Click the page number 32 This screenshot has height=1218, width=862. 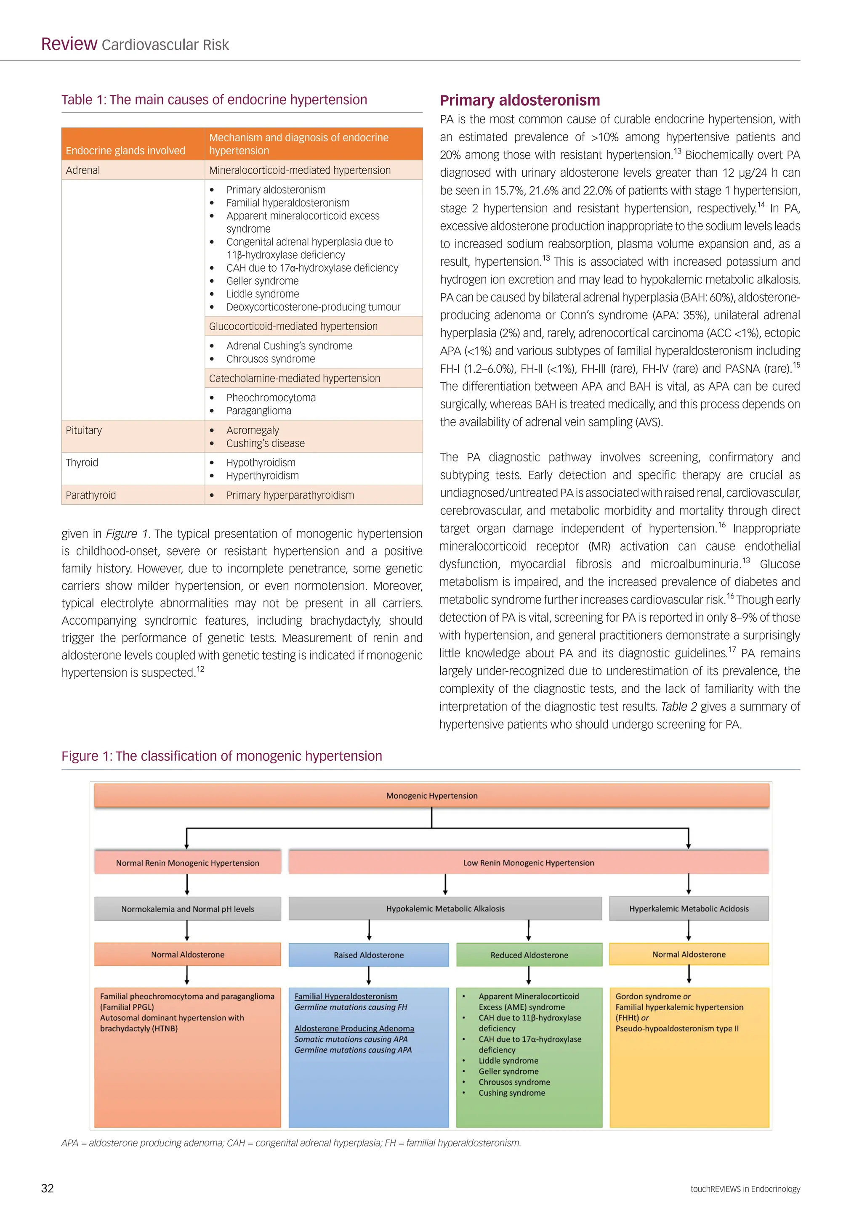(47, 1188)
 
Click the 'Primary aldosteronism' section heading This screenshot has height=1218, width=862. (520, 100)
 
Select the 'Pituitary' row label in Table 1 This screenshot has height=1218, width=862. (84, 430)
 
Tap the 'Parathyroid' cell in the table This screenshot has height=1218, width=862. (91, 495)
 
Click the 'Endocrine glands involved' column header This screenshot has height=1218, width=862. (125, 151)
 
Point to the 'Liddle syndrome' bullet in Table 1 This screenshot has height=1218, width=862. (262, 294)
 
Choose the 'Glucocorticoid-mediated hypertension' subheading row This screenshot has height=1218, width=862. (293, 326)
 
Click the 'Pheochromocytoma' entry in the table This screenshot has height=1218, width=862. (271, 397)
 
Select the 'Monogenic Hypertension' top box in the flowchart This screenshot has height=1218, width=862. (431, 796)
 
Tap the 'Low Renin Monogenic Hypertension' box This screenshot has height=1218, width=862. (528, 863)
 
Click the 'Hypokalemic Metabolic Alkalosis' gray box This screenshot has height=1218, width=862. (445, 909)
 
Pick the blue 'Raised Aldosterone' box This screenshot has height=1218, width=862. (368, 955)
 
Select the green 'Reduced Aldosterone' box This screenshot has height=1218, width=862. (529, 955)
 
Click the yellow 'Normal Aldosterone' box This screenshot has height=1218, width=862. (689, 954)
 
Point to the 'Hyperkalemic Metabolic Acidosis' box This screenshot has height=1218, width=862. (689, 909)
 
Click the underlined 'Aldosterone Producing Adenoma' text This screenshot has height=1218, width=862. (354, 1029)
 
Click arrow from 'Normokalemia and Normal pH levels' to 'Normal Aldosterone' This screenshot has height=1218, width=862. (187, 931)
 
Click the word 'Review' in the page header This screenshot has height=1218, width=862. (69, 44)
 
